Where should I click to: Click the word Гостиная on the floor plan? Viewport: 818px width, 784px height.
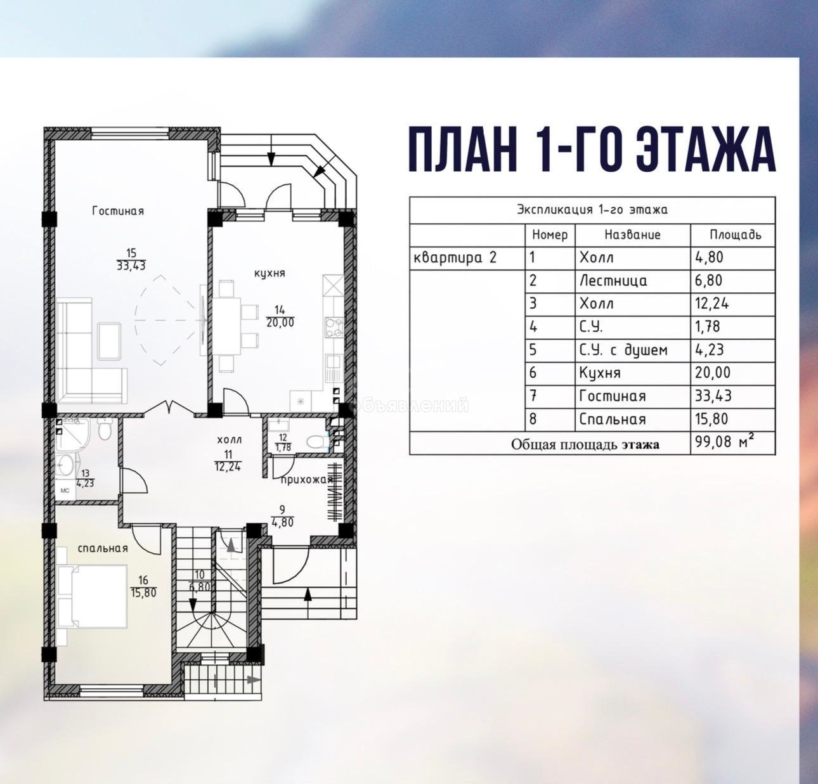(118, 210)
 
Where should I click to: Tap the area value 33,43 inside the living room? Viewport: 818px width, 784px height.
(131, 266)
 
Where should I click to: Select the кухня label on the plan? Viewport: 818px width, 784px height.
(269, 273)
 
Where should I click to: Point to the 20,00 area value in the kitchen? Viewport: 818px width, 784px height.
(280, 322)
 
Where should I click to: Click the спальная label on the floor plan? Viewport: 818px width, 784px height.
(103, 548)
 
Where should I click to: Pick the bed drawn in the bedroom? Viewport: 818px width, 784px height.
(93, 596)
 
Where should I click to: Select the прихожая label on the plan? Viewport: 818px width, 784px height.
(308, 480)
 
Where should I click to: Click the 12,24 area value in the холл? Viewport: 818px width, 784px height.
(228, 466)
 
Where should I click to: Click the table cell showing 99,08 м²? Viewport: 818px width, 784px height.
(732, 442)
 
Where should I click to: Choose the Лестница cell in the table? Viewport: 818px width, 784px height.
(633, 281)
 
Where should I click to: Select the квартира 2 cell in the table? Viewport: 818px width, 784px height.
(467, 257)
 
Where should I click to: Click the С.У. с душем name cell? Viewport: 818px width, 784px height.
(633, 350)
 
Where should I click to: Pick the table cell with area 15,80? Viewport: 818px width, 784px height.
(732, 420)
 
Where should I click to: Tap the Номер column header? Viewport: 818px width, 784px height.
(550, 235)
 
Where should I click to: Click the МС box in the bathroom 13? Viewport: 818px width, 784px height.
(65, 491)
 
